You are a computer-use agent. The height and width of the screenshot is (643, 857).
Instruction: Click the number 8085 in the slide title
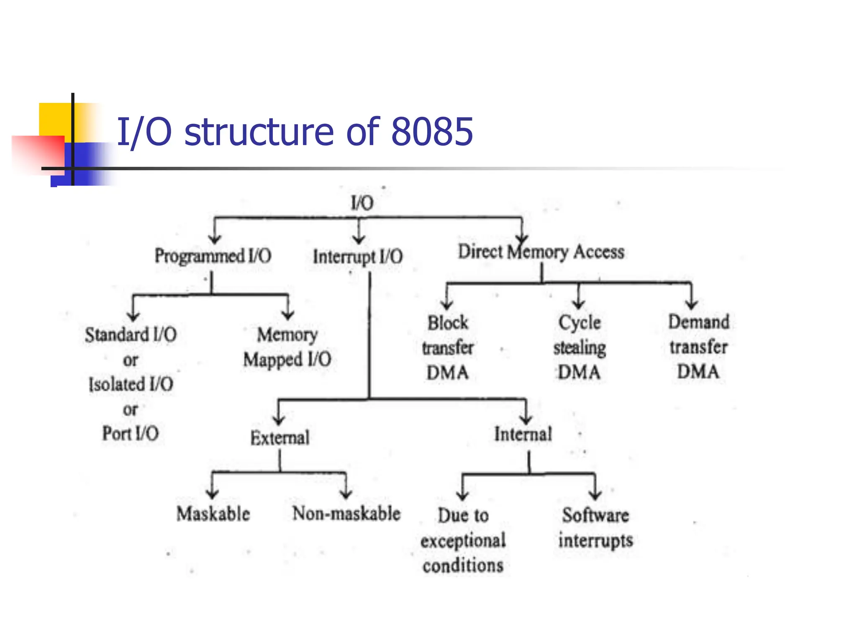click(x=432, y=132)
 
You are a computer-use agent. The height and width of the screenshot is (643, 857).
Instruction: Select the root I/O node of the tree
click(x=362, y=203)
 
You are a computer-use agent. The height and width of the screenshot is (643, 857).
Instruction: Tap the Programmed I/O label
click(x=213, y=256)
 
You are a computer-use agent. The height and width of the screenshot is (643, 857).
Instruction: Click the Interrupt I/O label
click(x=358, y=257)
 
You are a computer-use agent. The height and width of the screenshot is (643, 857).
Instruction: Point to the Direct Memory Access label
click(x=541, y=252)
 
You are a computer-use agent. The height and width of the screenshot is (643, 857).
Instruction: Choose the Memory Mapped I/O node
click(x=287, y=347)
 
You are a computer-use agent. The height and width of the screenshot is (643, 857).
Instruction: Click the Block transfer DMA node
click(x=447, y=347)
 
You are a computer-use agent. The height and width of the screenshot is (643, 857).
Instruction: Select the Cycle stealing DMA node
click(x=580, y=347)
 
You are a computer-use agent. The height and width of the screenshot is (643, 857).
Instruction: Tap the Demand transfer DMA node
click(x=698, y=347)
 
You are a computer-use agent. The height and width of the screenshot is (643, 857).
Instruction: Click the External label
click(x=280, y=438)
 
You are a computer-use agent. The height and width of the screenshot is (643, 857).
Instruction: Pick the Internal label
click(x=523, y=434)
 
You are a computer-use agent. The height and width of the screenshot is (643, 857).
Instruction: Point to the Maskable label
click(x=213, y=514)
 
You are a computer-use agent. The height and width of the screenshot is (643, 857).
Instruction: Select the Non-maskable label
click(x=346, y=514)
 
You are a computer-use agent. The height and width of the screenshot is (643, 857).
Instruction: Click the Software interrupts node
click(x=595, y=527)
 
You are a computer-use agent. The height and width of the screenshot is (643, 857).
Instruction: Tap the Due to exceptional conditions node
click(x=463, y=540)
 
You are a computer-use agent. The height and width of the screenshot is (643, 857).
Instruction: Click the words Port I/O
click(x=131, y=434)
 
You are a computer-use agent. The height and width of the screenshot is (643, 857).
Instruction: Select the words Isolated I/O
click(x=131, y=384)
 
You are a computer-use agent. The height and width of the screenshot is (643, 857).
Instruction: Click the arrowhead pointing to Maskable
click(x=213, y=494)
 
